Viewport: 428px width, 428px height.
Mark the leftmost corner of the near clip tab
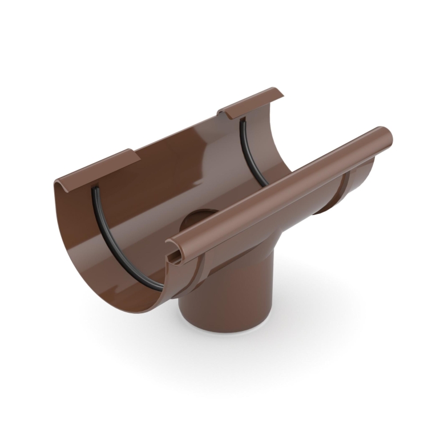coord(55,183)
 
